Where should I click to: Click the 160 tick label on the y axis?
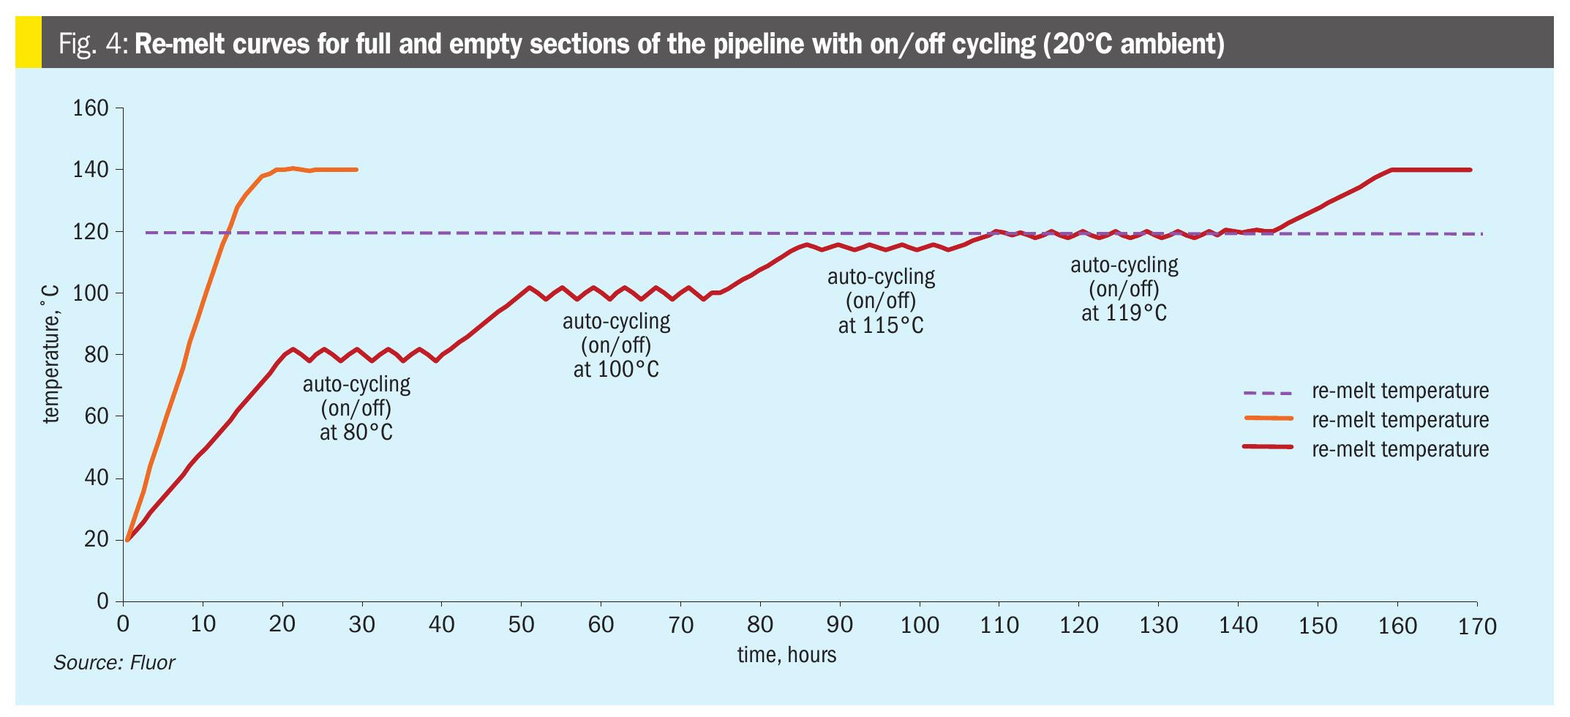click(91, 109)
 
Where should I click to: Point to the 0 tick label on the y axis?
click(102, 601)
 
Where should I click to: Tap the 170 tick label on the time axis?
click(1478, 626)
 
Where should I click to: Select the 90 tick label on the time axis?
click(840, 625)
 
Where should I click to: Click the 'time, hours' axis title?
click(786, 654)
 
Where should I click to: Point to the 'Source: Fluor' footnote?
click(114, 663)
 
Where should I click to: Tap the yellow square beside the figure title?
click(29, 43)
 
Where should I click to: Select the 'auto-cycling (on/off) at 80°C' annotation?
click(356, 408)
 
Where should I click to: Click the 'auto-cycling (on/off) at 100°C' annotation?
click(616, 345)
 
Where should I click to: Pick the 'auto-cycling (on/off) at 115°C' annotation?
click(881, 301)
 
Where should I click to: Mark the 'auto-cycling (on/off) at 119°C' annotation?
click(1124, 288)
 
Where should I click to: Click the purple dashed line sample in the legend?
click(1268, 392)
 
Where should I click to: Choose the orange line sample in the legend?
click(1268, 418)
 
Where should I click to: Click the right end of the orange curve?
click(356, 170)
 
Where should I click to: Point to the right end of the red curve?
click(1470, 170)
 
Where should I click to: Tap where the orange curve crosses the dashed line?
click(228, 233)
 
